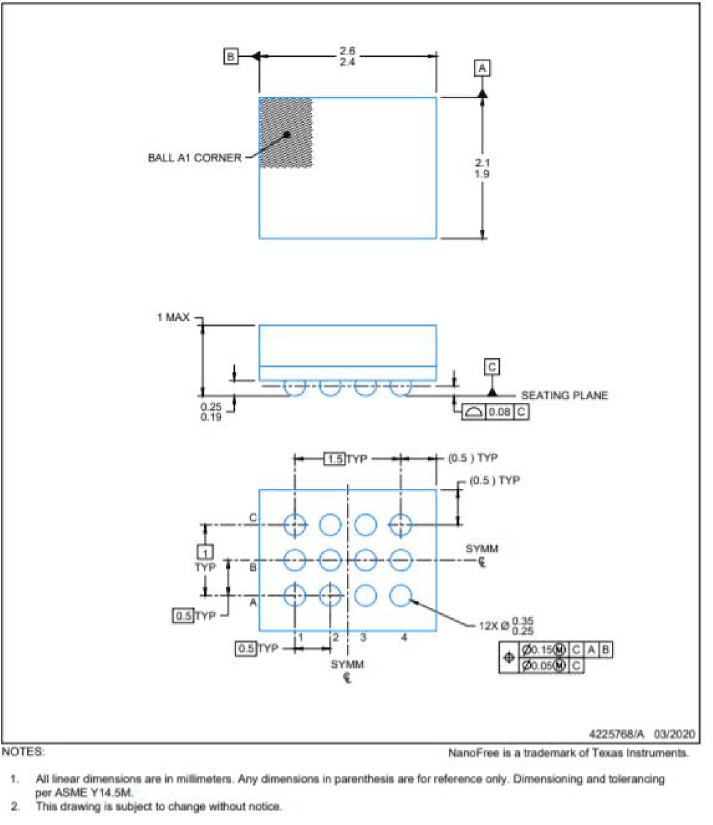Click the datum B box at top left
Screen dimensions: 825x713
pyautogui.click(x=230, y=56)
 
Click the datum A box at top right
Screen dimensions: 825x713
pyautogui.click(x=482, y=68)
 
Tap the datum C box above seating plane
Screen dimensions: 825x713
pyautogui.click(x=492, y=367)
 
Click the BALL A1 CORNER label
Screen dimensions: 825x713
pyautogui.click(x=194, y=157)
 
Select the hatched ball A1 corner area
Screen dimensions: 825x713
pyautogui.click(x=286, y=133)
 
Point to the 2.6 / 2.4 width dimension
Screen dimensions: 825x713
pyautogui.click(x=347, y=56)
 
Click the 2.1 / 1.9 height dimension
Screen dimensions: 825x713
pyautogui.click(x=482, y=168)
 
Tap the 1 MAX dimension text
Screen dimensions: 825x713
pyautogui.click(x=173, y=317)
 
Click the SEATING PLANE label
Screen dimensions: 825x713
pyautogui.click(x=564, y=395)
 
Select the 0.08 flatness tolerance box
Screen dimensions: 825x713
pyautogui.click(x=499, y=412)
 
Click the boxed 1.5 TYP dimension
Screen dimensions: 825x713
pyautogui.click(x=334, y=458)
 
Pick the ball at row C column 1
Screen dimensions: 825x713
pyautogui.click(x=294, y=525)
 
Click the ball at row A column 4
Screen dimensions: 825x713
pyautogui.click(x=400, y=595)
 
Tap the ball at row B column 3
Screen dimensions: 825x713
pyautogui.click(x=365, y=560)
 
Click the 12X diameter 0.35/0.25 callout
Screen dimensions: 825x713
pyautogui.click(x=506, y=626)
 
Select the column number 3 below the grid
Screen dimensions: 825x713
pyautogui.click(x=363, y=637)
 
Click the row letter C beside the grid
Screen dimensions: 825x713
pyautogui.click(x=253, y=517)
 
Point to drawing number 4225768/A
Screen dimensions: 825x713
pyautogui.click(x=616, y=734)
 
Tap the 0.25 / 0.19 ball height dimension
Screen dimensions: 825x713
pyautogui.click(x=211, y=411)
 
